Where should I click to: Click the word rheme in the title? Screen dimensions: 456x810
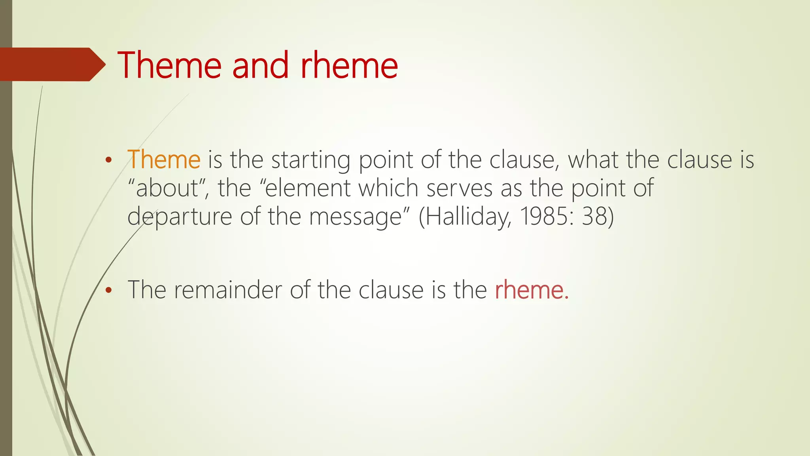tap(349, 65)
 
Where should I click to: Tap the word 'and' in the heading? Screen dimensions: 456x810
tap(260, 65)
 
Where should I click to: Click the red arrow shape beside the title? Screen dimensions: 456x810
tap(51, 65)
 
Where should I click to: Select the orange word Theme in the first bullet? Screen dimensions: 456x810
tap(164, 160)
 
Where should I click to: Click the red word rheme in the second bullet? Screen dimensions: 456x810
tap(531, 290)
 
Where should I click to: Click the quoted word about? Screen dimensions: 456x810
tap(167, 188)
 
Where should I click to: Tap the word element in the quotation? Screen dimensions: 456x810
tap(308, 188)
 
